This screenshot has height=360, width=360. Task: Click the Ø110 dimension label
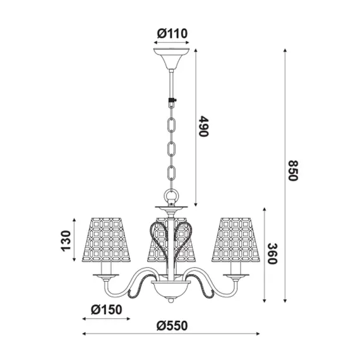tap(172, 33)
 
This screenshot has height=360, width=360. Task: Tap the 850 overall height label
tap(292, 169)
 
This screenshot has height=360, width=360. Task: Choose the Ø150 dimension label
tap(105, 309)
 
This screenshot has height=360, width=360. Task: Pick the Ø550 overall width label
tap(172, 325)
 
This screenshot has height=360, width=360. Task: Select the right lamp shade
tap(236, 240)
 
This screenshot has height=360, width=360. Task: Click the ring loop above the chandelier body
tap(171, 196)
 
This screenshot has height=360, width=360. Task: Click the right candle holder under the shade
tap(237, 271)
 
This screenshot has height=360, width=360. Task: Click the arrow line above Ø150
tap(105, 319)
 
